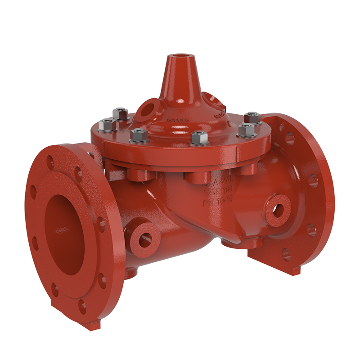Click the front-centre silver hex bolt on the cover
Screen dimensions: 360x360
(198, 137)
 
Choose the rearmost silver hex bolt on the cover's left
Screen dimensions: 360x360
(121, 113)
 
